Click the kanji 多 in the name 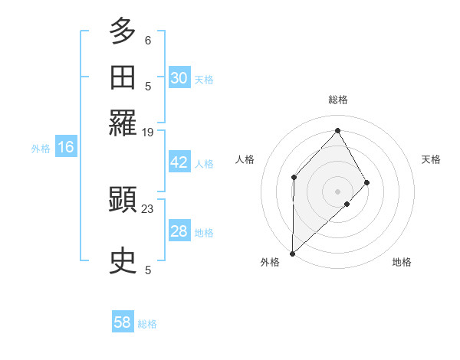pyautogui.click(x=123, y=32)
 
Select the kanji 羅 pyautogui.click(x=123, y=122)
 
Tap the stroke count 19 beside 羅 pyautogui.click(x=148, y=132)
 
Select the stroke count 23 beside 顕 pyautogui.click(x=148, y=208)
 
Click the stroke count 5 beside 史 pyautogui.click(x=148, y=270)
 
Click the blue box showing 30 pyautogui.click(x=179, y=78)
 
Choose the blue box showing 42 pyautogui.click(x=179, y=162)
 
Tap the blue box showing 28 pyautogui.click(x=179, y=231)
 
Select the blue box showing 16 pyautogui.click(x=66, y=148)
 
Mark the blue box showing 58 pyautogui.click(x=123, y=322)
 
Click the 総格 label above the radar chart pyautogui.click(x=337, y=100)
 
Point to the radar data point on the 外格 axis pyautogui.click(x=292, y=253)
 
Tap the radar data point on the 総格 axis pyautogui.click(x=337, y=130)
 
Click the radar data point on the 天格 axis pyautogui.click(x=367, y=182)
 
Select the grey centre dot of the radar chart pyautogui.click(x=337, y=191)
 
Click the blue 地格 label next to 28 pyautogui.click(x=204, y=233)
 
